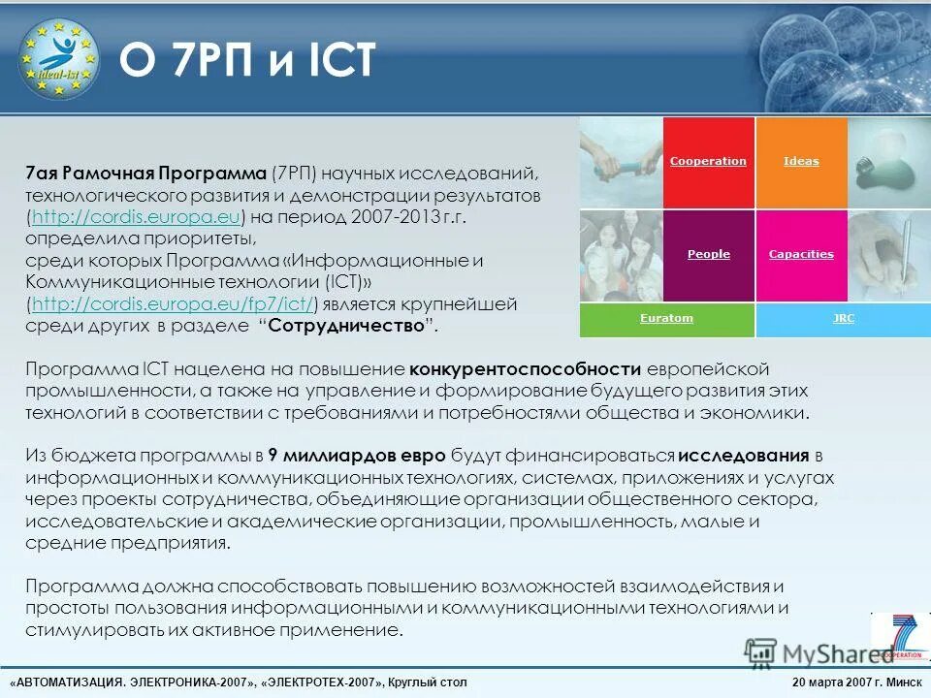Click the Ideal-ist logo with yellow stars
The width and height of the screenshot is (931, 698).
click(58, 58)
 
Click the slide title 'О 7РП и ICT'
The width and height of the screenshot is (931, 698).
click(246, 61)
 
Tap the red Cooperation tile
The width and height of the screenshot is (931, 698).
click(708, 162)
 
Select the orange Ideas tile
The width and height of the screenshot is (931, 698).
click(801, 162)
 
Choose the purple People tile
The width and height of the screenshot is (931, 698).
click(708, 255)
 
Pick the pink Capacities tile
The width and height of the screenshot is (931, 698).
click(801, 255)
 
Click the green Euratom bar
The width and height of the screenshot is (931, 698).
click(666, 319)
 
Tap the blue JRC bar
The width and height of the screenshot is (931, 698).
click(843, 319)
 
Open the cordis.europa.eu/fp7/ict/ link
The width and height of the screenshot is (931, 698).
click(175, 304)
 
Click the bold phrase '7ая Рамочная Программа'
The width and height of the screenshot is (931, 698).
click(145, 174)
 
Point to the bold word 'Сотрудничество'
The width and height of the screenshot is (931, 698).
click(347, 326)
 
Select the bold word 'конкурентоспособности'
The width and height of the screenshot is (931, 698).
click(525, 369)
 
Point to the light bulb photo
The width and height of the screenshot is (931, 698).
click(888, 162)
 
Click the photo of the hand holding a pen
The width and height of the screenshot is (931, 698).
click(888, 255)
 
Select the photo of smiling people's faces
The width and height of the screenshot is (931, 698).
click(621, 255)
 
